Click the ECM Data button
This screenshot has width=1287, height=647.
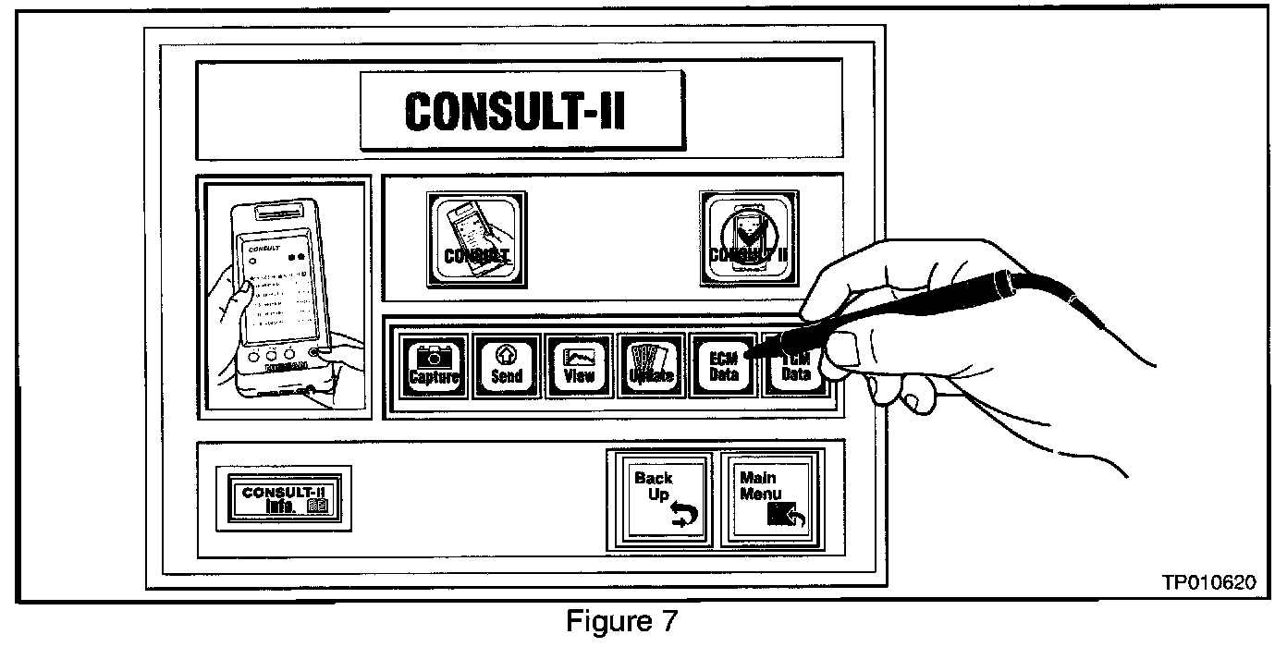723,365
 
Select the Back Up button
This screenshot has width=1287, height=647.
666,499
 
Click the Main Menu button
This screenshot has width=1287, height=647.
768,499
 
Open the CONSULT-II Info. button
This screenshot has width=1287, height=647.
284,497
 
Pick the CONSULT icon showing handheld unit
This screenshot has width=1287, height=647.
476,238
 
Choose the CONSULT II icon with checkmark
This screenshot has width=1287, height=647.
746,238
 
